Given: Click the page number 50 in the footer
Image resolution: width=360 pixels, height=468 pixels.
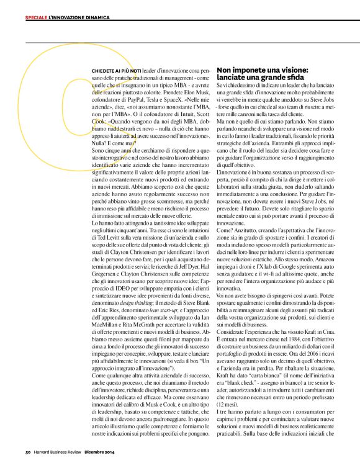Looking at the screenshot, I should click(28, 451).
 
